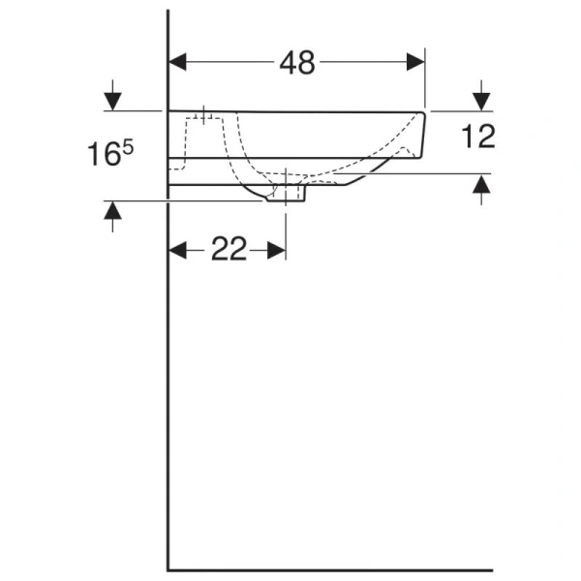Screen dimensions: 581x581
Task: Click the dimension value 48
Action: pos(297,63)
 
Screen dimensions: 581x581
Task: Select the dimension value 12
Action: pos(478,137)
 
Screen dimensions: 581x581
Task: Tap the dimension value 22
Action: pos(229,250)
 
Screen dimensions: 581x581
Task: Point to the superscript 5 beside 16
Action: pos(127,144)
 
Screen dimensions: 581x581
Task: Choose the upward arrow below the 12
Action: pos(481,188)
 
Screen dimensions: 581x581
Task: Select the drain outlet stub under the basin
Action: pos(287,196)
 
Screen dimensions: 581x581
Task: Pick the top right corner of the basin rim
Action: pos(426,111)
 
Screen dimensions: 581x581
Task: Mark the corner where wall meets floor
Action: pos(168,569)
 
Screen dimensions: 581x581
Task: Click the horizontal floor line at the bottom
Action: pos(329,569)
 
